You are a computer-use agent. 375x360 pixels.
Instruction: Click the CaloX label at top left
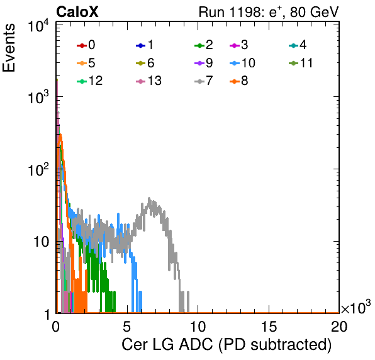(x=77, y=12)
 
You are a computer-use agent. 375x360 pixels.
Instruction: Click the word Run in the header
(x=211, y=12)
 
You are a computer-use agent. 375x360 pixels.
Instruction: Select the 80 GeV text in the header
(x=314, y=12)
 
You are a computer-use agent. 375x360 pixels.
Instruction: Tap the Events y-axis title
(x=9, y=48)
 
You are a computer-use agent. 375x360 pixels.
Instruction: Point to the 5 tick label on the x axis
(x=126, y=326)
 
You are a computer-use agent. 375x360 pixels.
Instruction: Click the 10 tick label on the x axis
(x=198, y=326)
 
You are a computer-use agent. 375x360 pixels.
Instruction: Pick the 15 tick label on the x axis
(x=269, y=326)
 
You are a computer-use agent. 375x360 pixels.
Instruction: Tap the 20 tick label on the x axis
(x=339, y=326)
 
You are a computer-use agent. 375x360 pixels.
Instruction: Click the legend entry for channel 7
(x=204, y=81)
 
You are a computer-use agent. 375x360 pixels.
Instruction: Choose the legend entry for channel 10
(x=242, y=63)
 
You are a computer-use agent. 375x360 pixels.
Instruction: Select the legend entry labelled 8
(x=238, y=81)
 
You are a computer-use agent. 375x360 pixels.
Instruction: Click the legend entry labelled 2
(x=204, y=45)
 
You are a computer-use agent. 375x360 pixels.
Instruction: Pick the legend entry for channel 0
(x=86, y=45)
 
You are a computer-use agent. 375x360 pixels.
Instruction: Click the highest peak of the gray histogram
(x=149, y=198)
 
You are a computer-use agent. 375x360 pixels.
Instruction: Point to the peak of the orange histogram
(x=61, y=135)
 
